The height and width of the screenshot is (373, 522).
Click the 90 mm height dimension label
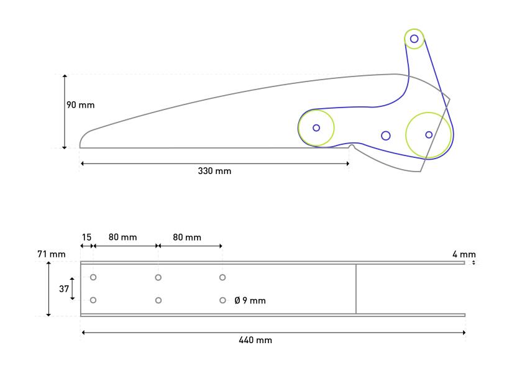pyautogui.click(x=80, y=105)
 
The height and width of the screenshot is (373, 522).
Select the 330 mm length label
pyautogui.click(x=214, y=171)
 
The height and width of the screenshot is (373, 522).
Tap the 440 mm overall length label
pyautogui.click(x=255, y=340)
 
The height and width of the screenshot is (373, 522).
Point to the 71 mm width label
pyautogui.click(x=51, y=254)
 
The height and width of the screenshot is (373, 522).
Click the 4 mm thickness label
pyautogui.click(x=464, y=254)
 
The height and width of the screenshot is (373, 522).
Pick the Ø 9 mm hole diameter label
pyautogui.click(x=250, y=301)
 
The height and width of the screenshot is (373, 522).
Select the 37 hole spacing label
pyautogui.click(x=64, y=288)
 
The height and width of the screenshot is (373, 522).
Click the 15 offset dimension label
pyautogui.click(x=86, y=237)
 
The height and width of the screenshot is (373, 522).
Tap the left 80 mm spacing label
pyautogui.click(x=122, y=237)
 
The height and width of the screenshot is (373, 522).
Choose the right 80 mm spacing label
pyautogui.click(x=187, y=237)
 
